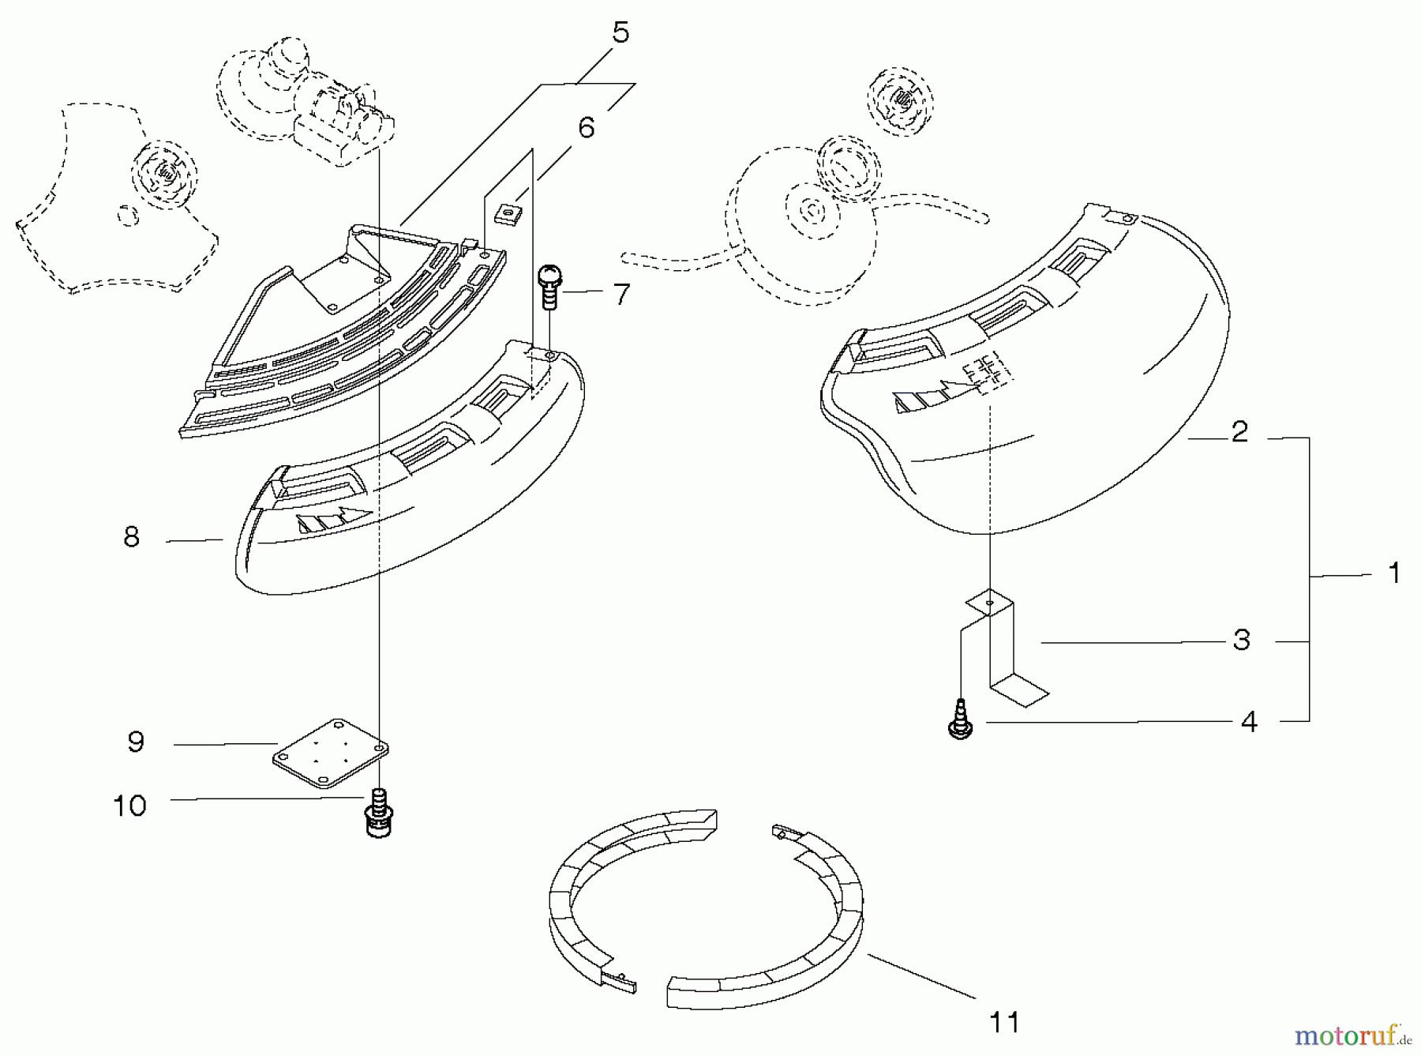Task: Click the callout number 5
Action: click(x=621, y=34)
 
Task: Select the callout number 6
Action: click(x=586, y=127)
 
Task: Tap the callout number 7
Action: click(x=622, y=294)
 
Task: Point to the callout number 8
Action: click(x=132, y=537)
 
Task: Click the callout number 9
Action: click(x=136, y=742)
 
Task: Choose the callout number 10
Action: click(x=129, y=806)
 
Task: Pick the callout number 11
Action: click(x=1004, y=1022)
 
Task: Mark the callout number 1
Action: click(x=1394, y=573)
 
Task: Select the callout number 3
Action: click(x=1241, y=640)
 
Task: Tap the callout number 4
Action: click(x=1248, y=721)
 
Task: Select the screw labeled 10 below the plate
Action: click(x=380, y=814)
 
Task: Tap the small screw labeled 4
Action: click(x=961, y=720)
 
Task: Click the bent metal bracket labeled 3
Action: click(x=1006, y=648)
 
